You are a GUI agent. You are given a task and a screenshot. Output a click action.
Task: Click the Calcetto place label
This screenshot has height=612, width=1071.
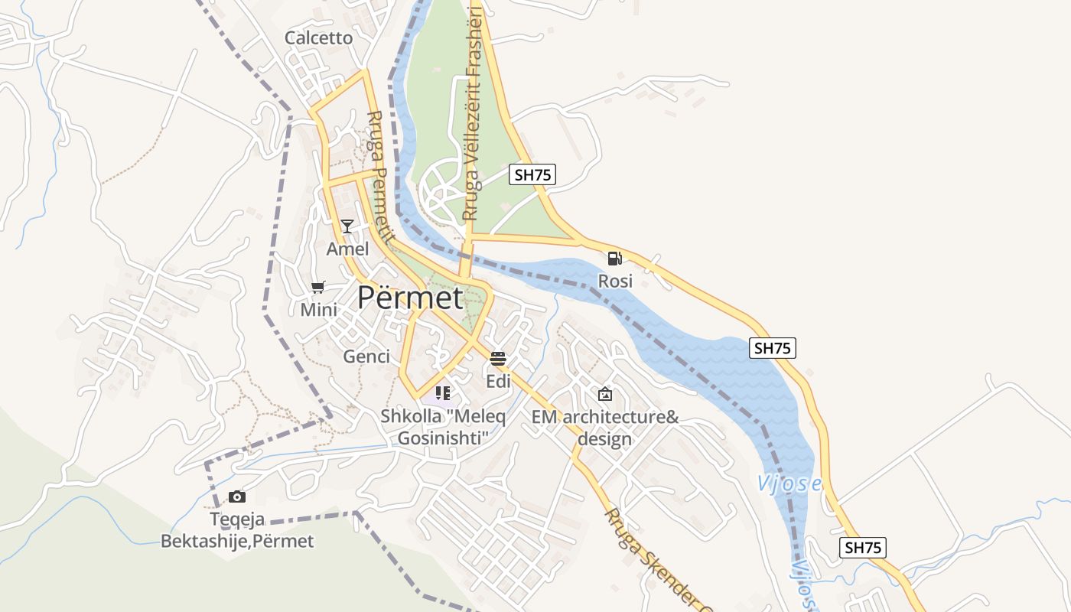click(x=319, y=37)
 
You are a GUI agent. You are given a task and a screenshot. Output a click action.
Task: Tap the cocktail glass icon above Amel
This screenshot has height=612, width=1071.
click(x=347, y=226)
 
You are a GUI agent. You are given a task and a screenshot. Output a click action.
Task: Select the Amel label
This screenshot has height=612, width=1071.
click(x=347, y=249)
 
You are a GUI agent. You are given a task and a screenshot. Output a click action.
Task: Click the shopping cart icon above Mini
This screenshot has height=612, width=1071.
click(x=318, y=287)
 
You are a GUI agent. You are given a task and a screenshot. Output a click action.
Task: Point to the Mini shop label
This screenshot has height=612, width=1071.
click(x=318, y=310)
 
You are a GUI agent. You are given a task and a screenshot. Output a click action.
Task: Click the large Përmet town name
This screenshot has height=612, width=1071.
click(x=410, y=298)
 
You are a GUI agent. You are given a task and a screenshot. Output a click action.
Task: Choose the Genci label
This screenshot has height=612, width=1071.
click(x=366, y=356)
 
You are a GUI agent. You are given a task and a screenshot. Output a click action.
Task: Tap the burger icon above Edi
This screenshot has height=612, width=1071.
click(x=498, y=358)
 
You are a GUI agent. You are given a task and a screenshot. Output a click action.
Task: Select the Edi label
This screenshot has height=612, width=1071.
click(x=498, y=380)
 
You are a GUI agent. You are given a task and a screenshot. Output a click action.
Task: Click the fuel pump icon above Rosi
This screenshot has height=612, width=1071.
click(x=614, y=259)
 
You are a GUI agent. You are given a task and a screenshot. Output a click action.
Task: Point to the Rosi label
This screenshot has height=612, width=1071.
click(x=615, y=281)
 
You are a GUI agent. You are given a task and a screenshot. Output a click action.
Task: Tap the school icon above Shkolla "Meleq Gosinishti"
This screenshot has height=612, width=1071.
click(x=442, y=393)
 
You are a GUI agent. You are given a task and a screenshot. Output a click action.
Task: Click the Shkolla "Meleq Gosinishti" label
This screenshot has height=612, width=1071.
click(x=443, y=428)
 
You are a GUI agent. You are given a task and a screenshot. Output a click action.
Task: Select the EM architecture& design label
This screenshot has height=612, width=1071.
click(x=605, y=428)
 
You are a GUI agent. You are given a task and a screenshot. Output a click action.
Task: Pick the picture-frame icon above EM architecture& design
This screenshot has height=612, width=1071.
click(x=605, y=394)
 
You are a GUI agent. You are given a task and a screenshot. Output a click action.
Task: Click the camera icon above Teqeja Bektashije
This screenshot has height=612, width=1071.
click(x=237, y=496)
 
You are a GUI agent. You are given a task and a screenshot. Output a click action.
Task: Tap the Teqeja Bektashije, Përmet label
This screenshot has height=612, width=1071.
click(x=237, y=530)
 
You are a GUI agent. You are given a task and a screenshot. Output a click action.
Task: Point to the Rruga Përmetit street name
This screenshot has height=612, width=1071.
click(x=379, y=177)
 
